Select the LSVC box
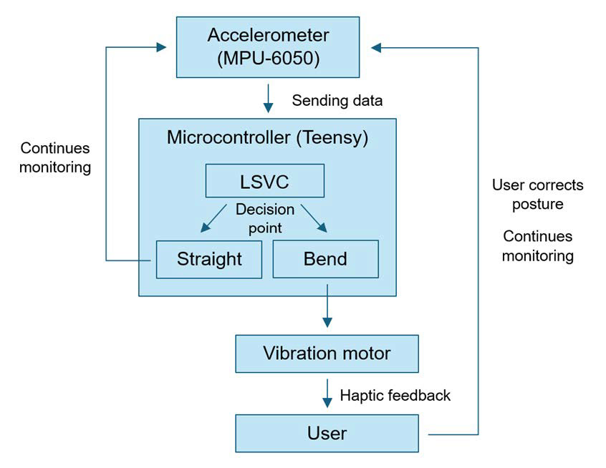(x=264, y=181)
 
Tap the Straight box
(x=209, y=259)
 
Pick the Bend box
(x=325, y=259)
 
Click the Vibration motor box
(x=327, y=354)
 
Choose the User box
(x=327, y=433)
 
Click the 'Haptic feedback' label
(x=395, y=395)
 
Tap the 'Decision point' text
(x=265, y=218)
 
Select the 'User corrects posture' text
(x=537, y=195)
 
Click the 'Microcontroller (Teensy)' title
(x=267, y=137)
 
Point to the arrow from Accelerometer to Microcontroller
(x=268, y=99)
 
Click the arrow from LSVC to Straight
(x=213, y=218)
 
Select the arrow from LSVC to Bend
(x=314, y=218)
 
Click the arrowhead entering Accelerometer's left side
(x=160, y=47)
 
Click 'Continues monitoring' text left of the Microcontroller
(x=55, y=158)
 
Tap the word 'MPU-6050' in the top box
(x=268, y=57)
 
